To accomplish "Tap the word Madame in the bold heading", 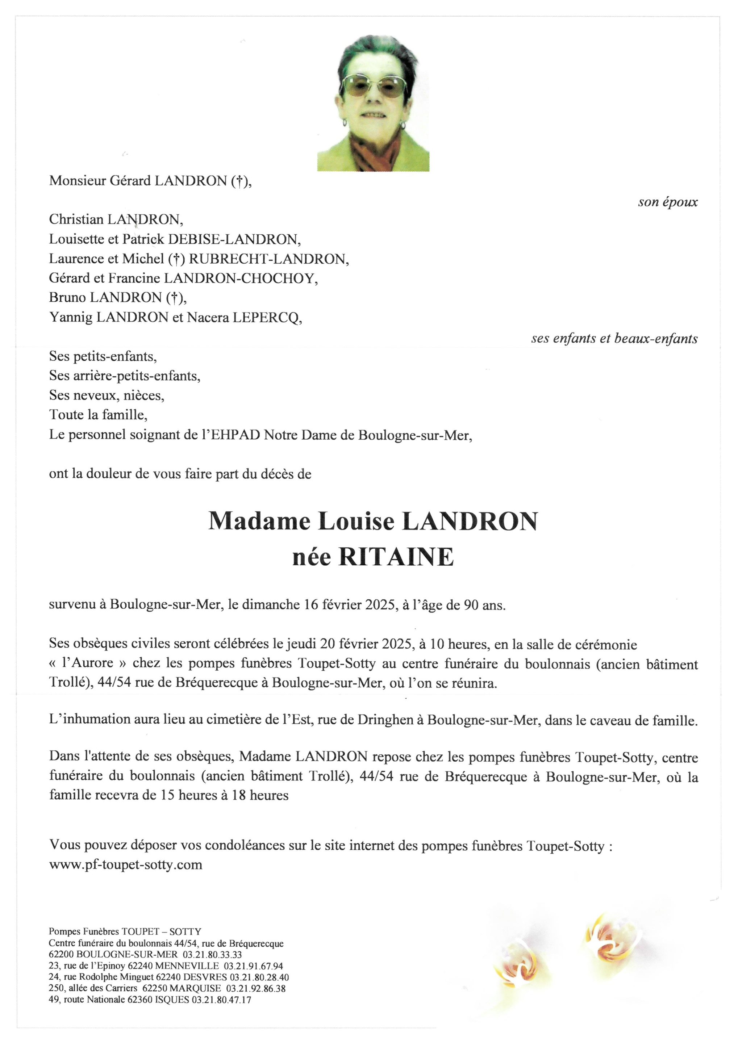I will (259, 521).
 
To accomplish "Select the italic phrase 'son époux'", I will (667, 202).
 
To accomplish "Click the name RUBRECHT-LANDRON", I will (268, 259).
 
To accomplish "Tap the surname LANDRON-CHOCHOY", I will (241, 278).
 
